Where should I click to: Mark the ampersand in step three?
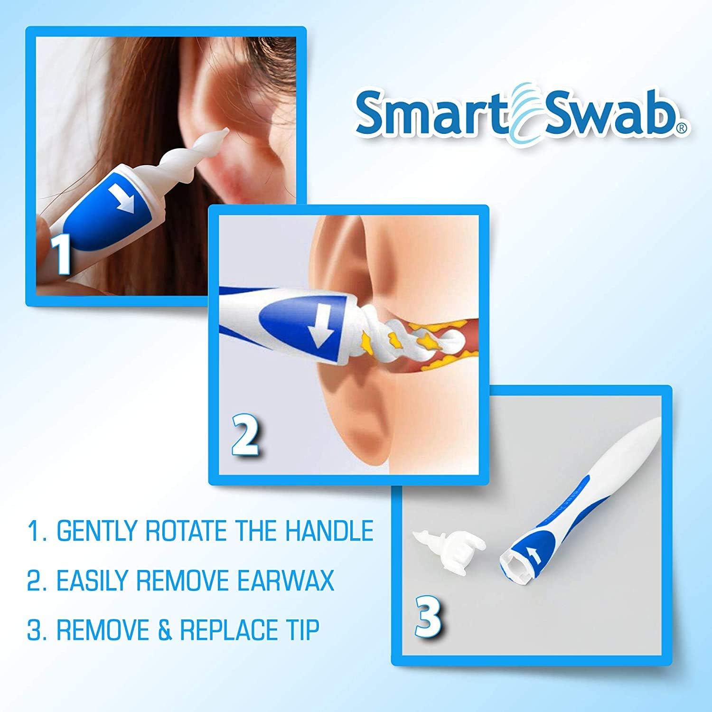(x=165, y=629)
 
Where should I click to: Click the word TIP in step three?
(x=300, y=629)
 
